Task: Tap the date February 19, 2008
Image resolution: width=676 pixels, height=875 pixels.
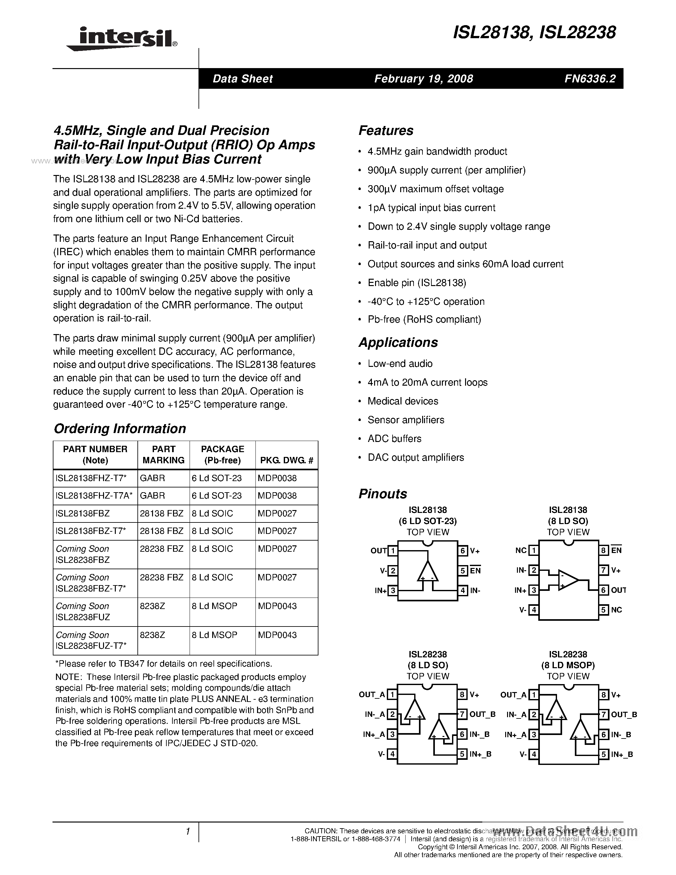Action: pos(423,79)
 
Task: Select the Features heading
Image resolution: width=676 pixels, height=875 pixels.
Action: pos(386,130)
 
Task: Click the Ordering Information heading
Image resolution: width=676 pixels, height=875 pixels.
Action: pos(120,429)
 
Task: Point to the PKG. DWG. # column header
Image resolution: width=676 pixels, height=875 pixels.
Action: pos(286,460)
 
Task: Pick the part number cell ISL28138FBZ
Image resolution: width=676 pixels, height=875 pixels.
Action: pos(83,513)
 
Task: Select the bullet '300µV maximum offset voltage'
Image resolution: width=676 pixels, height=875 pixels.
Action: pos(435,189)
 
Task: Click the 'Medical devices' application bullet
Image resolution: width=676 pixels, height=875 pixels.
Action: pos(402,401)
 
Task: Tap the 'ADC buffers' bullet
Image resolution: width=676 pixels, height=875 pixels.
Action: pos(394,439)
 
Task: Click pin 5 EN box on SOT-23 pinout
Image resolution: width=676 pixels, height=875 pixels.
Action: pos(463,570)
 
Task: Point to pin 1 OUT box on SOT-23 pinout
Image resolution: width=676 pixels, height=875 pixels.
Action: pos(393,551)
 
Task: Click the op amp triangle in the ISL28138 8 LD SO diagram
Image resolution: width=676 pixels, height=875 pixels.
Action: pos(568,580)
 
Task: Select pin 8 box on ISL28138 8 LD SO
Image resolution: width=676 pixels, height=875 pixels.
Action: pos(603,550)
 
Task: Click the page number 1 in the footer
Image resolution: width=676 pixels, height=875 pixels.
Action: pos(187,832)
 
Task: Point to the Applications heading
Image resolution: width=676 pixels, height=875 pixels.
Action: pos(398,343)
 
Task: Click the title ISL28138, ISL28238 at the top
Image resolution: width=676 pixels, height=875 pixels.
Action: pos(534,32)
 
